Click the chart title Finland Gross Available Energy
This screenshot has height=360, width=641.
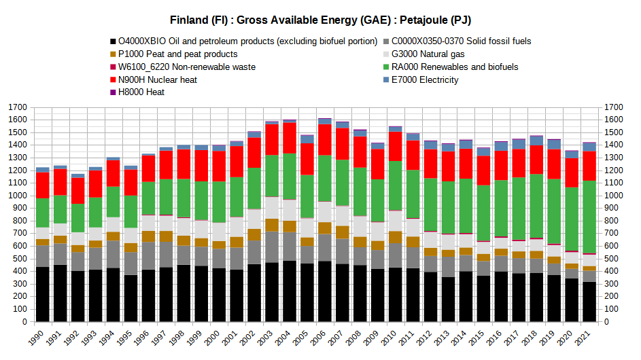point(321,20)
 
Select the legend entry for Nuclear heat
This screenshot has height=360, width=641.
point(154,79)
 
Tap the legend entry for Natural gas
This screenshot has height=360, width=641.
point(424,54)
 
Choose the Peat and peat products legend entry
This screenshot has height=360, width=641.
point(174,54)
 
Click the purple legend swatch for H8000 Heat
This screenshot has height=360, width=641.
point(114,92)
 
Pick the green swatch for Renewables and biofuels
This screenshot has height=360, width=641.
point(386,67)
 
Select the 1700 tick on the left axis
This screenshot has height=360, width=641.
point(18,107)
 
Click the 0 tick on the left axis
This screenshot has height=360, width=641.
point(24,321)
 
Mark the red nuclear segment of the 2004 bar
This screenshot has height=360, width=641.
point(290,138)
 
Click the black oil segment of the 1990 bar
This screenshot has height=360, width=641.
point(43,294)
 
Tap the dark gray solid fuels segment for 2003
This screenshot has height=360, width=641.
point(272,247)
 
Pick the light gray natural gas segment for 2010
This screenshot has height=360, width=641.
point(396,221)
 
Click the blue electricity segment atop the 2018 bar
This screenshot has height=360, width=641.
point(536,141)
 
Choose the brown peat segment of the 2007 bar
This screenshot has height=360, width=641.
point(343,232)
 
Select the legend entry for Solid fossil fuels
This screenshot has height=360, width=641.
point(457,41)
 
